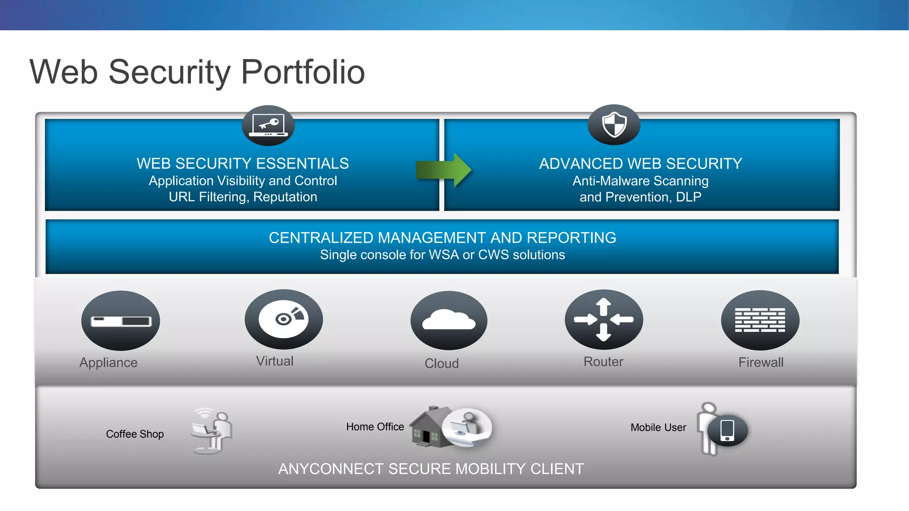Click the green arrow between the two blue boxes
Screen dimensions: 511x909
tap(443, 170)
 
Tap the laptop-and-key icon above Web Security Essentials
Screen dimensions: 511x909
tap(268, 126)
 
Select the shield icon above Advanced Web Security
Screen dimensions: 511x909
tap(614, 125)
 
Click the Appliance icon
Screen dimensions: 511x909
tap(120, 320)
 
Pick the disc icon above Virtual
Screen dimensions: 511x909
tap(284, 319)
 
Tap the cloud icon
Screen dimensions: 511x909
tap(449, 320)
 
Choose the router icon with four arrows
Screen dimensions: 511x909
tap(604, 319)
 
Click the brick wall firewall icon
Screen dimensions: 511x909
tap(760, 320)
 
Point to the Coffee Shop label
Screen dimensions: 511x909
tap(135, 434)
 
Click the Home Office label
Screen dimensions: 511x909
tap(375, 427)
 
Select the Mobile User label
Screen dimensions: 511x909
tap(658, 428)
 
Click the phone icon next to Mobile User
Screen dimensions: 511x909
tap(727, 430)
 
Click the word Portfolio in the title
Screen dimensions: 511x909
tap(303, 72)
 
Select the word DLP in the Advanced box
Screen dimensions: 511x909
tap(688, 197)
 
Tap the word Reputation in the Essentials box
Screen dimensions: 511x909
tap(285, 197)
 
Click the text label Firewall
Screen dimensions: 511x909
tap(761, 362)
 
